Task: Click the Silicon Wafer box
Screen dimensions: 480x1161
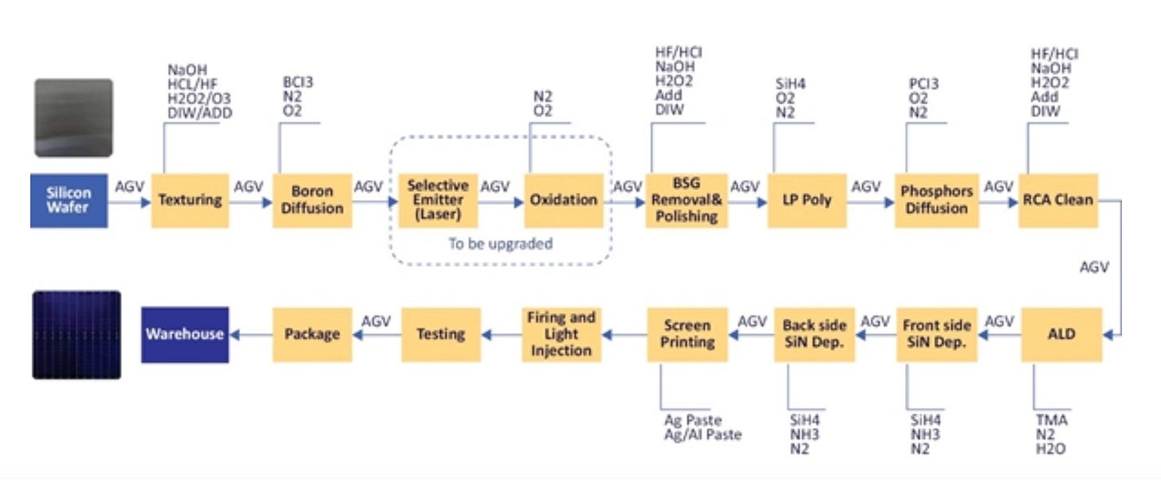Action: (x=69, y=200)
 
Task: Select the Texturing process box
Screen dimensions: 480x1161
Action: (x=190, y=200)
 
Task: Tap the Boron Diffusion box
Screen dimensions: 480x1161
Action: (x=312, y=200)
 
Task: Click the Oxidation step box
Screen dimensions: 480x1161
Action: (x=563, y=200)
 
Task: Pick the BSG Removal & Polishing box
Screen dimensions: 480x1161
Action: (x=687, y=200)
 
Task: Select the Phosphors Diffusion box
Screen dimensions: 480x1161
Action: (x=936, y=200)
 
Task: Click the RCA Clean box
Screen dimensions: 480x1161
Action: (x=1058, y=200)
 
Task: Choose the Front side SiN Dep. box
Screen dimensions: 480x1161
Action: (x=937, y=334)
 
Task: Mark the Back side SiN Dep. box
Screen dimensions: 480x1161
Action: (x=815, y=334)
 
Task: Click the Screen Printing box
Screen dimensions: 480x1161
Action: (x=687, y=334)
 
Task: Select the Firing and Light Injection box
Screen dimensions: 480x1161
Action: (x=561, y=334)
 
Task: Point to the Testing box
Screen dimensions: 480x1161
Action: (x=441, y=334)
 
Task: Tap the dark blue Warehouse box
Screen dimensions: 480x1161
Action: (x=185, y=334)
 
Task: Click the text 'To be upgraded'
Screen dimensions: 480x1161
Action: (x=500, y=243)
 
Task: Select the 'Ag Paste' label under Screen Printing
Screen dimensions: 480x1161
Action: (x=692, y=420)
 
